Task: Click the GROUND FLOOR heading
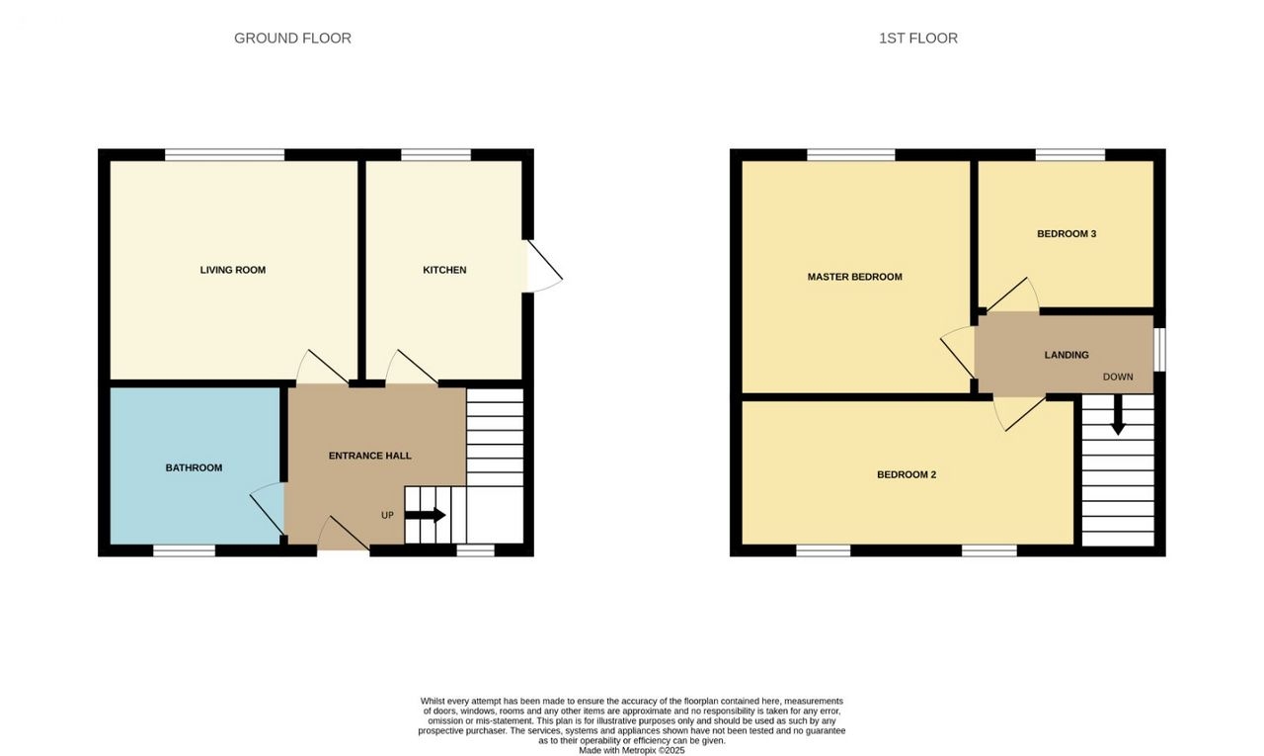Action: coord(292,38)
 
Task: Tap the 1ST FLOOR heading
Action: coord(918,38)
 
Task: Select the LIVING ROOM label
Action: coord(232,270)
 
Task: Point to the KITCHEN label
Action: coord(444,270)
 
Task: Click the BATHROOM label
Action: coord(194,467)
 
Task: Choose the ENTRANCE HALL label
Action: coord(369,456)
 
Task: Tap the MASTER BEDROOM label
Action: coord(854,277)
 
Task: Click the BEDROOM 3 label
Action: coord(1066,234)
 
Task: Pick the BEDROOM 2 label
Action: coord(907,474)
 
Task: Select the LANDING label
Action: coord(1066,355)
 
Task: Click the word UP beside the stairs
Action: coord(387,515)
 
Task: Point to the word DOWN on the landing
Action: coord(1118,377)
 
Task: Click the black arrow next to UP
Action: coord(426,515)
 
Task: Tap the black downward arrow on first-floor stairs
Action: coord(1118,415)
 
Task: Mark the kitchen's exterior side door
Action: coord(544,267)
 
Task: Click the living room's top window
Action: coord(224,155)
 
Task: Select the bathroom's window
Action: coord(185,550)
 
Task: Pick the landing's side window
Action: coord(1159,350)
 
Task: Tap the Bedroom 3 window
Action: coord(1069,155)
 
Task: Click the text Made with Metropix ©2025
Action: coord(631,750)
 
